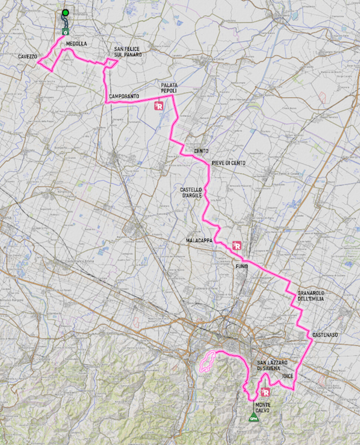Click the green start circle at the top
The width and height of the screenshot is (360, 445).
(x=66, y=13)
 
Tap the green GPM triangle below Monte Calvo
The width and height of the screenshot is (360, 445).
(x=253, y=417)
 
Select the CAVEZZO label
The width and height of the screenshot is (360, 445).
(x=27, y=57)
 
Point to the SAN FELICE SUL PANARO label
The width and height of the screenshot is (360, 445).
(x=128, y=52)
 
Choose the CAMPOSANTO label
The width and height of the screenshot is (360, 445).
(x=124, y=96)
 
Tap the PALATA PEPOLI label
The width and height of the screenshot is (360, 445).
(x=169, y=88)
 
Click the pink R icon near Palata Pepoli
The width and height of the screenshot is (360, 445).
(x=159, y=106)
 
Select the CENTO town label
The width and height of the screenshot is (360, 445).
(x=201, y=151)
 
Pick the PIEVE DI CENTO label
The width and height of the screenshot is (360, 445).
(x=229, y=163)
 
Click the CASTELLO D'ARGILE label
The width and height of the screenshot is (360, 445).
(x=191, y=192)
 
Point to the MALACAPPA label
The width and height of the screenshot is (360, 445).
(x=199, y=241)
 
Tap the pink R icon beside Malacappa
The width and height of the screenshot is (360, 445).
(x=237, y=245)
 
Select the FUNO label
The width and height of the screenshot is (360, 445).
(x=241, y=266)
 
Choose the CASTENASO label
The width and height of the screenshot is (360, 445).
(x=325, y=335)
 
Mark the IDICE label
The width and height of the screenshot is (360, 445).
(x=287, y=376)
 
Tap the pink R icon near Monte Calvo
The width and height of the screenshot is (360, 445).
(x=265, y=392)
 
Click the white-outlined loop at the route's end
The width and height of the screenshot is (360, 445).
(x=207, y=361)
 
